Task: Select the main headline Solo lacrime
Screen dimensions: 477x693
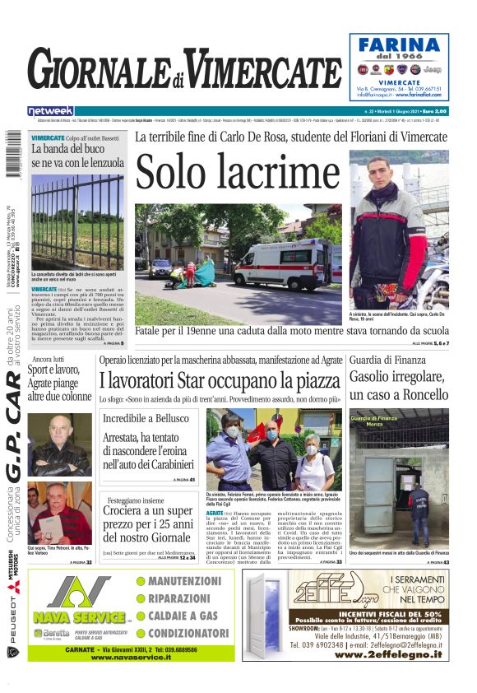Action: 238,173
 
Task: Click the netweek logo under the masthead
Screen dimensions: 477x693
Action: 50,110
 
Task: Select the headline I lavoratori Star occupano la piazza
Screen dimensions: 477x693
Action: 220,380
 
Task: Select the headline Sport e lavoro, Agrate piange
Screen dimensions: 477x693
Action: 60,384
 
